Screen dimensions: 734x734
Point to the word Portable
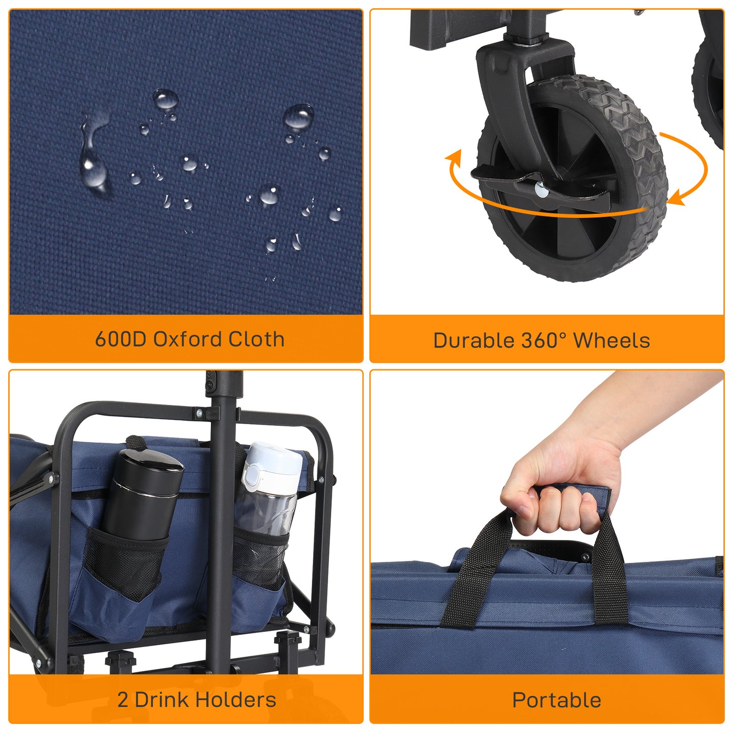pos(556,700)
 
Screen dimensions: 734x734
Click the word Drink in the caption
pos(162,700)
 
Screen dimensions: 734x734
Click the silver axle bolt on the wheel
pos(541,190)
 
